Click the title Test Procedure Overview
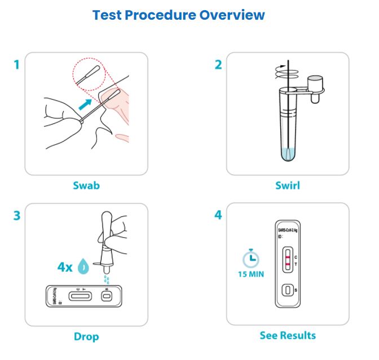pyautogui.click(x=179, y=15)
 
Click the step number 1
pyautogui.click(x=16, y=64)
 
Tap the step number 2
pyautogui.click(x=218, y=64)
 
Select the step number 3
pyautogui.click(x=16, y=216)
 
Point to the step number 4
pyautogui.click(x=218, y=216)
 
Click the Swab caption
pyautogui.click(x=86, y=185)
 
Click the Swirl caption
pyautogui.click(x=288, y=185)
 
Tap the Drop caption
pyautogui.click(x=86, y=336)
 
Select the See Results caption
pyautogui.click(x=288, y=335)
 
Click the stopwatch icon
pyautogui.click(x=250, y=257)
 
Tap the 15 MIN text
pyautogui.click(x=250, y=275)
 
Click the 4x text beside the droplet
pyautogui.click(x=66, y=266)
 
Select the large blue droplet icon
pyautogui.click(x=84, y=266)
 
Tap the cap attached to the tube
pyautogui.click(x=318, y=85)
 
